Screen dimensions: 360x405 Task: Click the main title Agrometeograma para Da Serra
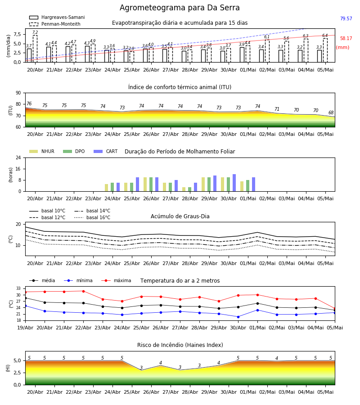pyautogui.click(x=180, y=8)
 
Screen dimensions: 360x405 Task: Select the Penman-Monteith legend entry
pyautogui.click(x=55, y=24)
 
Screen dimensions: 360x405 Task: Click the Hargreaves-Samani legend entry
pyautogui.click(x=57, y=17)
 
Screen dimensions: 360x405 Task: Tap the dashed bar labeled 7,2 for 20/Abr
pyautogui.click(x=35, y=49)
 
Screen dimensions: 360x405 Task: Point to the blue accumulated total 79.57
pyautogui.click(x=346, y=18)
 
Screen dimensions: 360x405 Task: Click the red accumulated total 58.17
pyautogui.click(x=346, y=39)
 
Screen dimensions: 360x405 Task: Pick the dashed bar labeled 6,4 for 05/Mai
pyautogui.click(x=325, y=50)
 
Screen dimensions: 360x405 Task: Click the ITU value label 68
pyautogui.click(x=331, y=112)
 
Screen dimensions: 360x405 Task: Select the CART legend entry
pyautogui.click(x=106, y=151)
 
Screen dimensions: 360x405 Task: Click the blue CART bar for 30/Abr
pyautogui.click(x=234, y=183)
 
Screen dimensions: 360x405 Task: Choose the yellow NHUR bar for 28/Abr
pyautogui.click(x=184, y=189)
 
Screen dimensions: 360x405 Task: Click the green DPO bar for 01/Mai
pyautogui.click(x=247, y=186)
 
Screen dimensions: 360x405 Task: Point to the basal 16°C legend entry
pyautogui.click(x=92, y=217)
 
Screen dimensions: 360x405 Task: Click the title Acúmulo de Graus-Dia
pyautogui.click(x=180, y=216)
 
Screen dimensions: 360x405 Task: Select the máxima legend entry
pyautogui.click(x=116, y=280)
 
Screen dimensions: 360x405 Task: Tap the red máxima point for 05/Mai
pyautogui.click(x=335, y=309)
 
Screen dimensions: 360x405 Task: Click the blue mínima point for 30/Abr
pyautogui.click(x=238, y=317)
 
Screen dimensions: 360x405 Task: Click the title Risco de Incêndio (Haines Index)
pyautogui.click(x=180, y=345)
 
